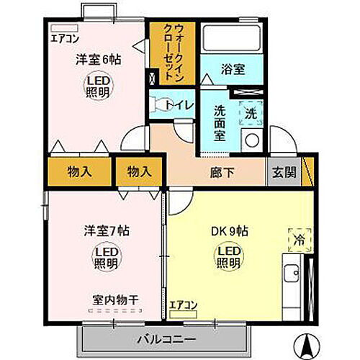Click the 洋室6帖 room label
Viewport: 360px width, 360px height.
tap(99, 60)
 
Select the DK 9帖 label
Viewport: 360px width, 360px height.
tap(229, 232)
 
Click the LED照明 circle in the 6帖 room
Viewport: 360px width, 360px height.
tap(99, 86)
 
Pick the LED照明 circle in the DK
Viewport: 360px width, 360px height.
tap(229, 258)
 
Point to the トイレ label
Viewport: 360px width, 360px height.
tap(179, 104)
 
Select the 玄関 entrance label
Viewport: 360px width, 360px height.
tap(282, 172)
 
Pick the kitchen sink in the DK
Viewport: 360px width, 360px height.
tap(292, 274)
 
